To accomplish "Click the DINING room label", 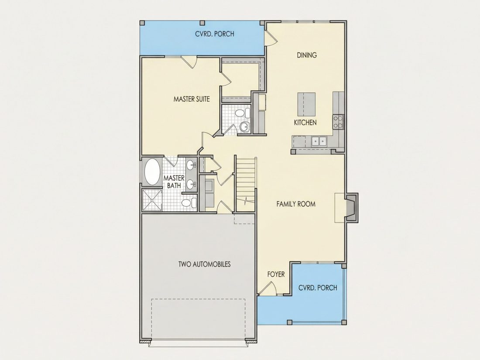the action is click(x=307, y=55).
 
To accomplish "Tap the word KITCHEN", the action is click(x=305, y=123).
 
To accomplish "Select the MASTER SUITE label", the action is click(x=192, y=99).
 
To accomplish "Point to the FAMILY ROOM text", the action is click(x=296, y=204).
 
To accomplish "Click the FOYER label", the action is click(x=276, y=274).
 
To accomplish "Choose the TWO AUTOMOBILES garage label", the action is click(x=205, y=264).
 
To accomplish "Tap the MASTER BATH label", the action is click(x=174, y=182).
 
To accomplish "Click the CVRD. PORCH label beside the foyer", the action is click(x=318, y=288).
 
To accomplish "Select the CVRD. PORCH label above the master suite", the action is click(x=215, y=34).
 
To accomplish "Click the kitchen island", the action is click(x=306, y=103).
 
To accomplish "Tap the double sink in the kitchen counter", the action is click(x=319, y=141).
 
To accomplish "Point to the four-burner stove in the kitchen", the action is click(x=338, y=122).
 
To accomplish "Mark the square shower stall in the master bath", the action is click(x=152, y=200).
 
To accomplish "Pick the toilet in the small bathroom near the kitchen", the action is click(x=242, y=113).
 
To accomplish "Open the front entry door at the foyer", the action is click(x=267, y=288).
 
